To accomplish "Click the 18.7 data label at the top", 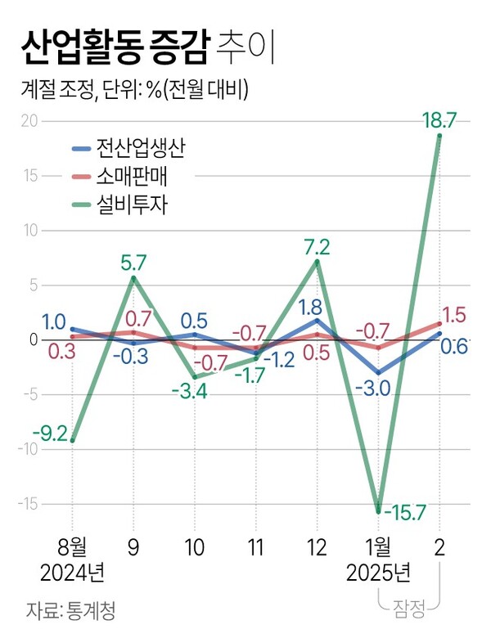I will (x=439, y=119).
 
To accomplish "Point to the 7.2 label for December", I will (x=317, y=246).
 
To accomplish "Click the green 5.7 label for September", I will (x=133, y=263).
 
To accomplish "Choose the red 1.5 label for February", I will (x=454, y=315).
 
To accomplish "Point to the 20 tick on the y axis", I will (x=29, y=121).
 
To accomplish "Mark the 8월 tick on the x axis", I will (x=72, y=546).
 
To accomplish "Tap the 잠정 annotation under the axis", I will (x=409, y=606).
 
